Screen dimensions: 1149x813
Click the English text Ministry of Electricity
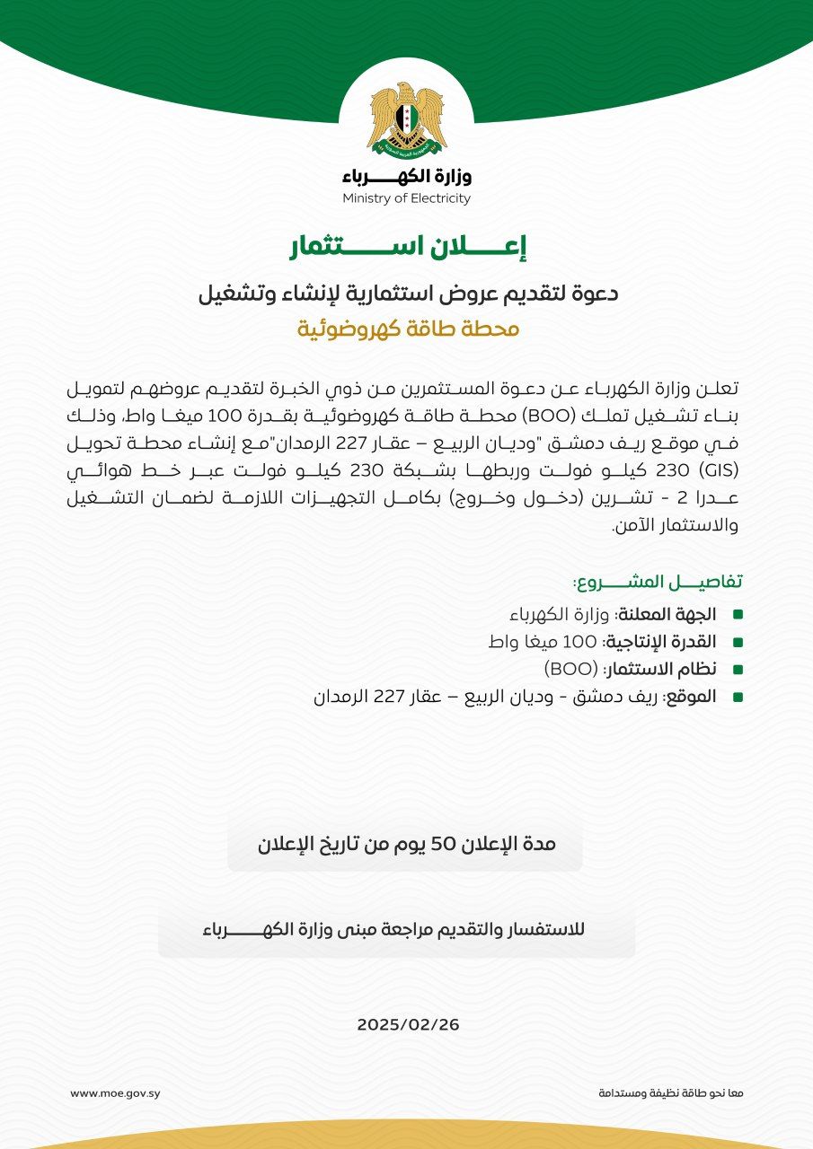[x=406, y=199]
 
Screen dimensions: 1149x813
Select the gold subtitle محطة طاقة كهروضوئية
[x=409, y=329]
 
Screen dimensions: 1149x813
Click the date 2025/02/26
[x=408, y=1024]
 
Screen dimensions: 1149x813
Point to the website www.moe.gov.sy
[x=115, y=1093]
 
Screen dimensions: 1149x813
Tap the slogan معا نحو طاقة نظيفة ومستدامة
[x=671, y=1093]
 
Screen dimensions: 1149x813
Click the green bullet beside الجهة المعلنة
[x=738, y=615]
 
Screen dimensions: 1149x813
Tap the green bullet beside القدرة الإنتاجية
[x=738, y=643]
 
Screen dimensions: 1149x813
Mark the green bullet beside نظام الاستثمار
[x=738, y=670]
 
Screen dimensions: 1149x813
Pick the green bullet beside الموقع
[x=738, y=697]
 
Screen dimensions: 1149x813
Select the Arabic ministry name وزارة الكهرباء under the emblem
[x=406, y=175]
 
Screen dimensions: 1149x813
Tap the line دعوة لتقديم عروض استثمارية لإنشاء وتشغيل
[x=407, y=294]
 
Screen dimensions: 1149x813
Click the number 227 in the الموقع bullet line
[x=392, y=697]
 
